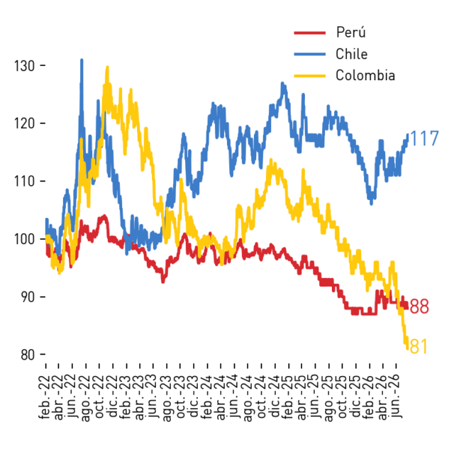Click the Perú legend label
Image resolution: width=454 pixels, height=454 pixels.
pos(351,32)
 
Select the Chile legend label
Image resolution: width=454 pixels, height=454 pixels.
pos(352,54)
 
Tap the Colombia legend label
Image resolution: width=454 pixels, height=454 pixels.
pos(365,76)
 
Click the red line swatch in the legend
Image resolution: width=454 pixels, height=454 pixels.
pos(310,33)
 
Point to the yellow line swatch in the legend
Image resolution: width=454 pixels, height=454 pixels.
pos(310,76)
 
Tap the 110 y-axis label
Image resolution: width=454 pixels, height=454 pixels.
pos(24,182)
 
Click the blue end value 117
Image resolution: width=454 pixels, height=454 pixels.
pos(424,138)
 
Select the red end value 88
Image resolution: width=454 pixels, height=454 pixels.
pos(419,306)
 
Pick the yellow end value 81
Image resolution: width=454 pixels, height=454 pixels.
pos(419,346)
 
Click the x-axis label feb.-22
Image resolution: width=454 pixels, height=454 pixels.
pos(45,397)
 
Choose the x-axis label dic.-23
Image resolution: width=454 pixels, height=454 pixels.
pos(194,397)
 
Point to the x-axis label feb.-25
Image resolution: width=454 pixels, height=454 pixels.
pos(289,397)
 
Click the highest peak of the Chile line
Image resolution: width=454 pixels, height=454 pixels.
pos(82,60)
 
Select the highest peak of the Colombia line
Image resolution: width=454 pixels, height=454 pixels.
pos(107,67)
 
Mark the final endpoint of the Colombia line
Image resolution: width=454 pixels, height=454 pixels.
pos(407,349)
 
